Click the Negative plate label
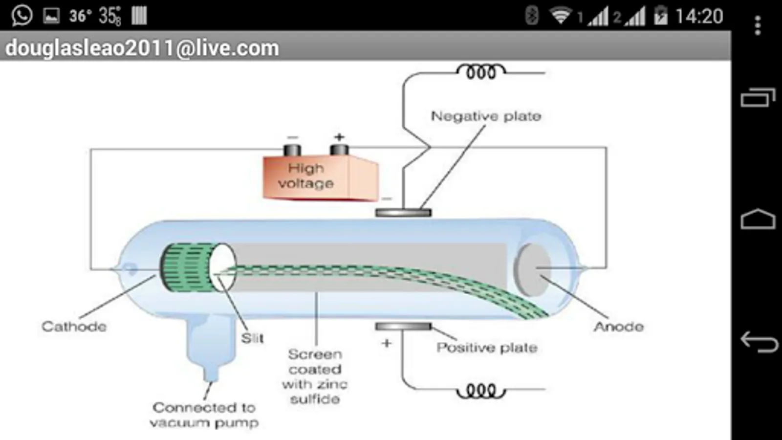pyautogui.click(x=486, y=116)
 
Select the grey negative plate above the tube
pyautogui.click(x=403, y=213)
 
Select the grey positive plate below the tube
pyautogui.click(x=403, y=326)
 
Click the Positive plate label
pyautogui.click(x=487, y=348)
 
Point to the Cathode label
pyautogui.click(x=74, y=326)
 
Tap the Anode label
pyautogui.click(x=619, y=326)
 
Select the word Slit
pyautogui.click(x=252, y=338)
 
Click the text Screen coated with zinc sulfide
pyautogui.click(x=315, y=376)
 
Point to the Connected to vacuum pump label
pyautogui.click(x=204, y=415)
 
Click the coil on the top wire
pyautogui.click(x=481, y=72)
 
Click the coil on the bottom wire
pyautogui.click(x=481, y=391)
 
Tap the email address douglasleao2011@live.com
pyautogui.click(x=142, y=48)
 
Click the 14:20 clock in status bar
pyautogui.click(x=699, y=17)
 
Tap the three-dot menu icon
pyautogui.click(x=758, y=25)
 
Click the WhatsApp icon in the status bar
pyautogui.click(x=22, y=16)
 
